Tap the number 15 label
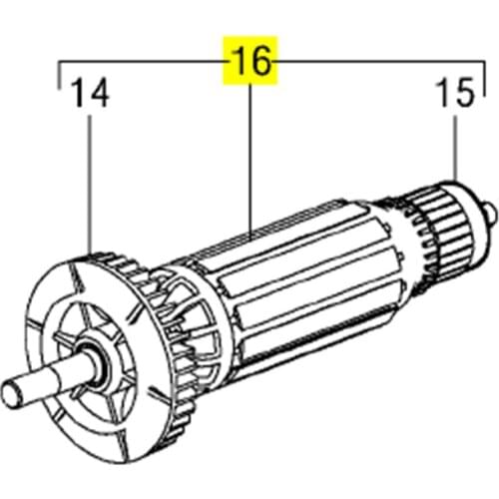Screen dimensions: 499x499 tap(457, 97)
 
